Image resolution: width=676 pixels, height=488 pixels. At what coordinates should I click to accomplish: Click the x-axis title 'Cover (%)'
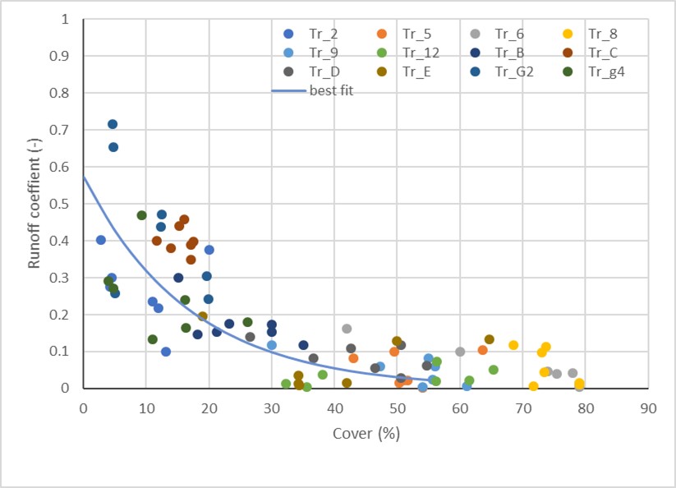click(366, 433)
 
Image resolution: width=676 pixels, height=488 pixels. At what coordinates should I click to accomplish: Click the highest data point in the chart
click(113, 124)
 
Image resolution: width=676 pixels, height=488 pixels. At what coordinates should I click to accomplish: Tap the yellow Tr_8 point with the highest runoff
click(513, 345)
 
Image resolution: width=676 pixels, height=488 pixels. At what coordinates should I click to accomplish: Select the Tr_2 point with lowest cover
click(101, 240)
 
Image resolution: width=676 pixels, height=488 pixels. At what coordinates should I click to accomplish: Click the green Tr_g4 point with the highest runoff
click(141, 215)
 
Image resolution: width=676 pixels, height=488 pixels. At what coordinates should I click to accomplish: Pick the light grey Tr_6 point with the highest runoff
click(347, 329)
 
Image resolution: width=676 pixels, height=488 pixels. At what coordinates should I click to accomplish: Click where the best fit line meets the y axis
click(83, 177)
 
